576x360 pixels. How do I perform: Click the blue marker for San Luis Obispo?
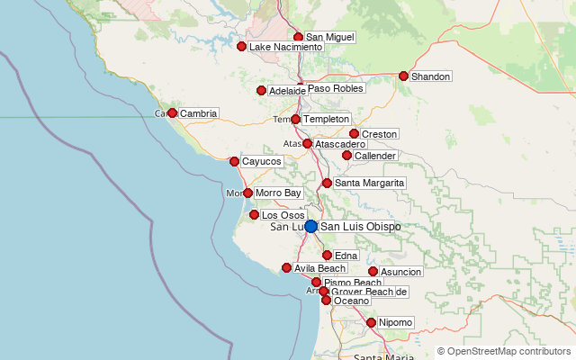[310, 226]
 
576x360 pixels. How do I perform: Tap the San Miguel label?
[329, 37]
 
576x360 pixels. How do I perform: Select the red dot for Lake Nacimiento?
[241, 46]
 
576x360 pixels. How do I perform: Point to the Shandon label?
[430, 76]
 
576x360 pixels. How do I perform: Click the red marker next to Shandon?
[403, 76]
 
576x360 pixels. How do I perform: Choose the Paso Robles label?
[336, 89]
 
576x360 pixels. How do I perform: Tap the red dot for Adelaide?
[261, 90]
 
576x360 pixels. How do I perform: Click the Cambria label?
[198, 113]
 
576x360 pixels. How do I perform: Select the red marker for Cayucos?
[234, 162]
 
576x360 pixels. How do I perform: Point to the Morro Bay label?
[278, 193]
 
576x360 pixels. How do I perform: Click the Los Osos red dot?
[254, 215]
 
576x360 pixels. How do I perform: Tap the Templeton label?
[326, 119]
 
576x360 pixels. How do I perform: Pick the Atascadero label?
[340, 144]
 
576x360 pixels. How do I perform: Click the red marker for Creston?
[354, 134]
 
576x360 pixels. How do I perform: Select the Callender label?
[375, 156]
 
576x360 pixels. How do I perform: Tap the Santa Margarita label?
[369, 183]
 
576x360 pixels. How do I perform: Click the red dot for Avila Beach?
[286, 267]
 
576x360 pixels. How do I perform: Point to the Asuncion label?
[400, 272]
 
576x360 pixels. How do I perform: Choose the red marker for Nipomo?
[371, 322]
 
